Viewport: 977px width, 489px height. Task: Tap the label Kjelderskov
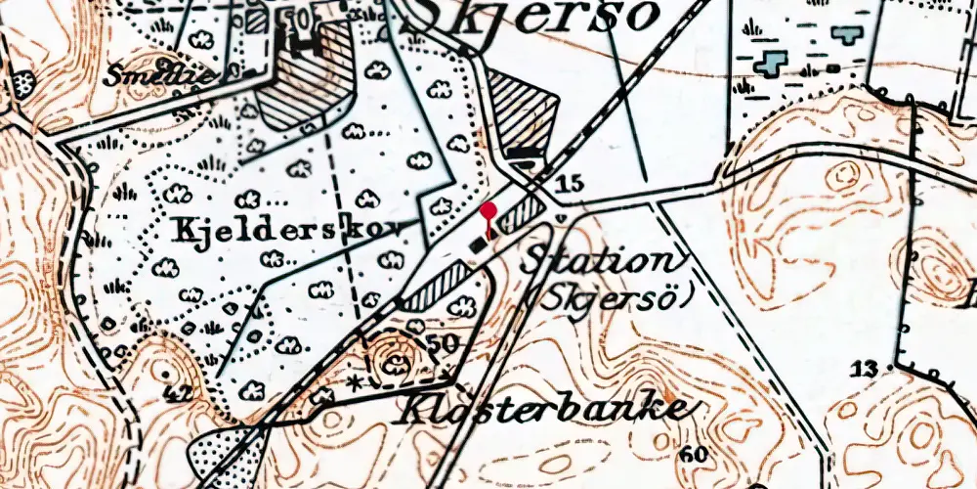(x=276, y=231)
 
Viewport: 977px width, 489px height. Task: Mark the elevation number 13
(x=863, y=369)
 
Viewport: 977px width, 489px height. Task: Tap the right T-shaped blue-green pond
(x=846, y=35)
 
